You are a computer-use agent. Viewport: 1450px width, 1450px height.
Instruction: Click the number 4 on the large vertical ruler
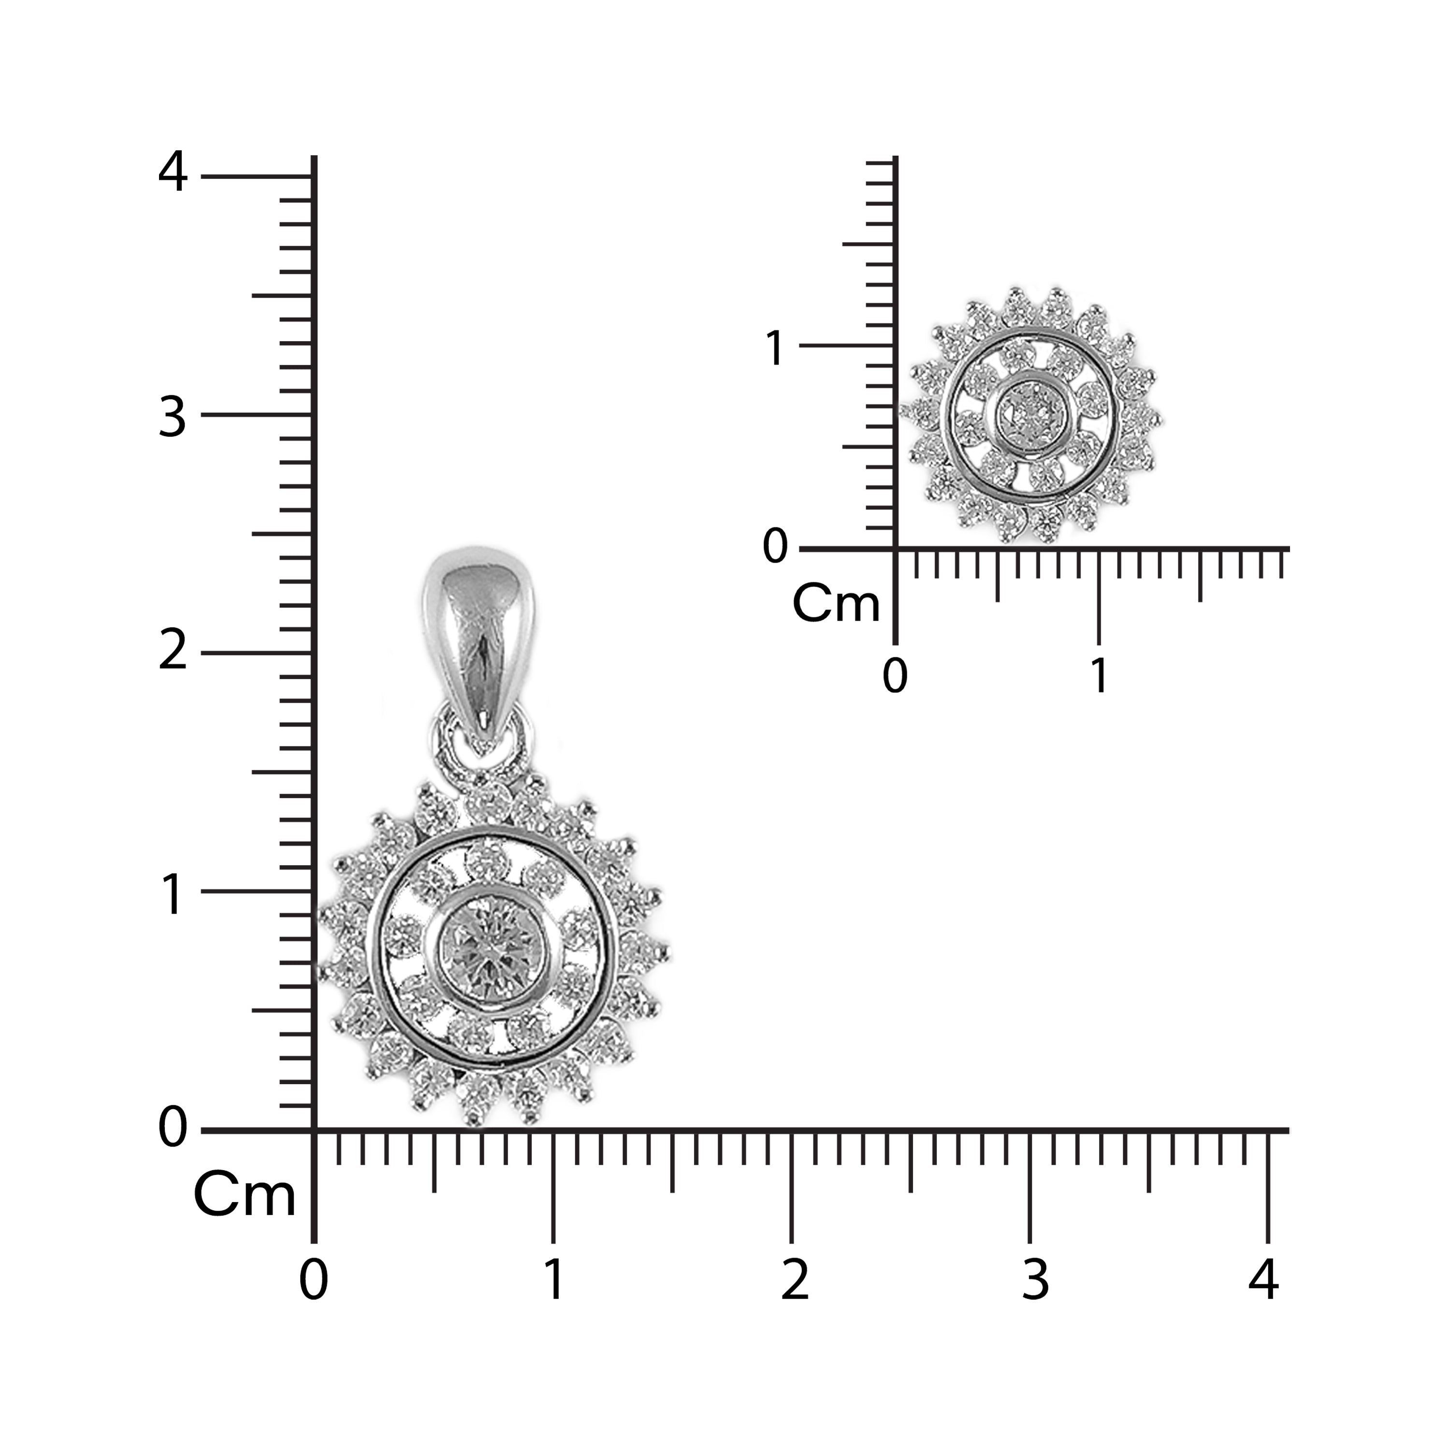click(173, 173)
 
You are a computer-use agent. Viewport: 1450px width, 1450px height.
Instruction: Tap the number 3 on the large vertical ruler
click(173, 417)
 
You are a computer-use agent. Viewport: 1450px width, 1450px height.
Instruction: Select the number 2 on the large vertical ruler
click(173, 650)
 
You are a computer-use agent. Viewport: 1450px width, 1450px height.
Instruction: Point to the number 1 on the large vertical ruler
click(173, 893)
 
